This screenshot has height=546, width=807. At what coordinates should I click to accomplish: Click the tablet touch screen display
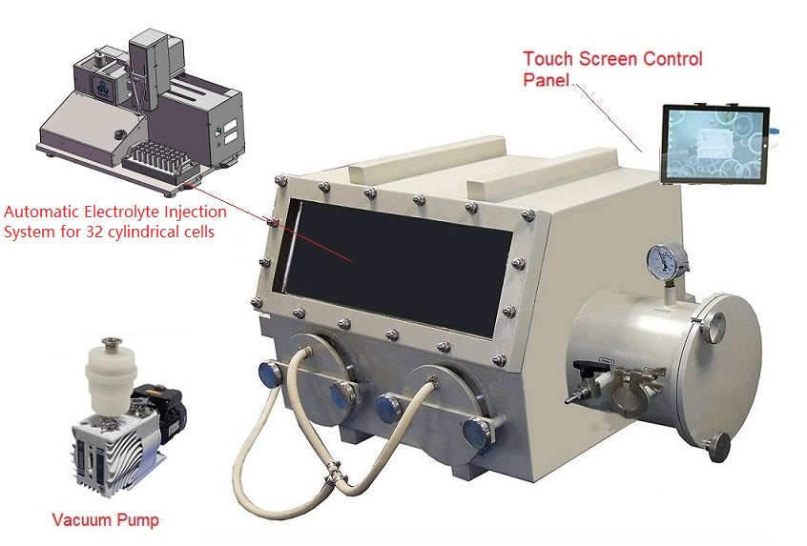coord(715,145)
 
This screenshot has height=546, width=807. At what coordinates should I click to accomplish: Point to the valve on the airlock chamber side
coord(586,381)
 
